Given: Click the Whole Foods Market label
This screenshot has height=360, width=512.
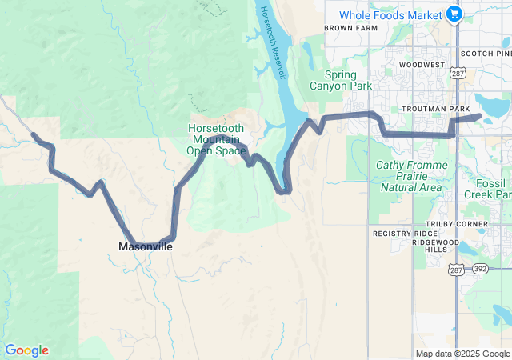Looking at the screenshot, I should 390,15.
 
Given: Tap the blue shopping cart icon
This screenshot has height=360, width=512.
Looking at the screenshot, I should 454,14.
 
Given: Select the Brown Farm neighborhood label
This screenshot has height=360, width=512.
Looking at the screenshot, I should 350,28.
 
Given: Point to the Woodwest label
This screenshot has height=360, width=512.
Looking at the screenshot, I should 422,64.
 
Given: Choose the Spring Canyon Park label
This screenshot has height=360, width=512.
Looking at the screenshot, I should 342,80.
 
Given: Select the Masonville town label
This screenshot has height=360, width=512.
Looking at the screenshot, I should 146,246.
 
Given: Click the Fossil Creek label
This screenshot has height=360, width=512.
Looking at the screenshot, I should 487,188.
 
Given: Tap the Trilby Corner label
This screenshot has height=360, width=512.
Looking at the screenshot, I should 457,223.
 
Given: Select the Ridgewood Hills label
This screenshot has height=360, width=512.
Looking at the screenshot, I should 437,246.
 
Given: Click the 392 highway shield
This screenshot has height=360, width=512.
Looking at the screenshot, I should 479,270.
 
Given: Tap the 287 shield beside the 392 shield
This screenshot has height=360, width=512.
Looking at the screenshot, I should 457,270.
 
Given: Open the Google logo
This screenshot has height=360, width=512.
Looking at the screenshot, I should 26,350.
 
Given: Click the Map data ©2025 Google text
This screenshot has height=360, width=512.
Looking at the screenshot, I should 462,354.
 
